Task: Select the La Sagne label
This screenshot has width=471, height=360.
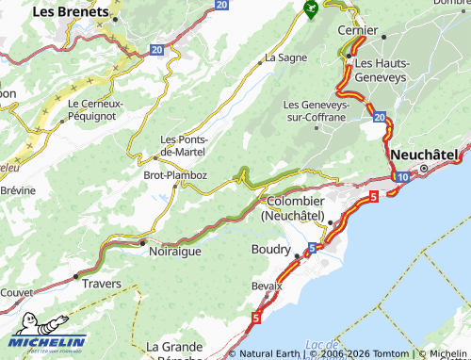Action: pos(285,57)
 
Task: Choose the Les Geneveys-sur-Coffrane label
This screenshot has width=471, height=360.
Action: pos(316,110)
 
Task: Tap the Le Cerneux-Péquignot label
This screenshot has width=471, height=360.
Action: pos(98,108)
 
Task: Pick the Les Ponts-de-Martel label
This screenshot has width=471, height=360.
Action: pos(184,145)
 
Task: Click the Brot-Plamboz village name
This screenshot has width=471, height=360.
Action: pos(174,174)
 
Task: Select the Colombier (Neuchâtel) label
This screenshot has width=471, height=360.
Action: pos(296,208)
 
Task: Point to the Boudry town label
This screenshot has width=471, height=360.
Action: pos(271,249)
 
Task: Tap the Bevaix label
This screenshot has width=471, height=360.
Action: pos(267,286)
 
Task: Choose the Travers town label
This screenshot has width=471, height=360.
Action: pos(102,282)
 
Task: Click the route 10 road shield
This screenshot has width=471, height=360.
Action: pos(402,176)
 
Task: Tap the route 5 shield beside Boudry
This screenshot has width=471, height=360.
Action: pos(311,247)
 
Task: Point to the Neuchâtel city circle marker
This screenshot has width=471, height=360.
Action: pos(424,169)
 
